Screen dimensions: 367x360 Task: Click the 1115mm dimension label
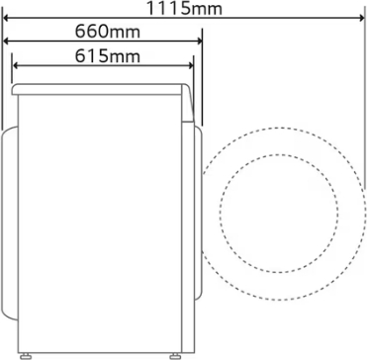[x=184, y=8]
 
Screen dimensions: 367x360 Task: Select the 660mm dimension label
[x=108, y=32]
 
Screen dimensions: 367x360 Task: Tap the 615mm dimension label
[x=108, y=56]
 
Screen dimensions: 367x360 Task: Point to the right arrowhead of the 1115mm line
[x=362, y=18]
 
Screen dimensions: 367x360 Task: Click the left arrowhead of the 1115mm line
[x=6, y=18]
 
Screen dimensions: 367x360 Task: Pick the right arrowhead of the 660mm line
[x=199, y=42]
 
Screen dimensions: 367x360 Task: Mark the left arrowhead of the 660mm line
[x=6, y=42]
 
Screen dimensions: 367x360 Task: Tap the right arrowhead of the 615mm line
[x=190, y=65]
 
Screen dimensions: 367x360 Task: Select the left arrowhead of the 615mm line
[x=15, y=65]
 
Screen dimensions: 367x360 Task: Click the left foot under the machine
[x=26, y=356]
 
